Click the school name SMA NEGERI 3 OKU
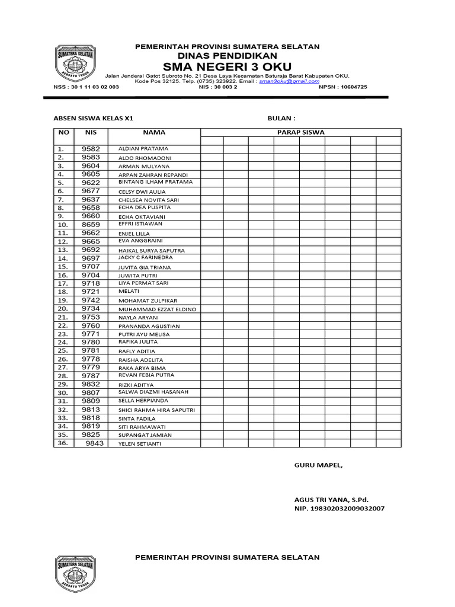coord(227,66)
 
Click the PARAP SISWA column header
coord(301,132)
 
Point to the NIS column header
coord(91,132)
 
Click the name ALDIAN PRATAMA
coord(143,149)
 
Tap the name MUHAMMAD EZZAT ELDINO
coord(157,309)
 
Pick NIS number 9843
coord(95,443)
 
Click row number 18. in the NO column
coord(63,292)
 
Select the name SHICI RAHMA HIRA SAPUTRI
coord(156,410)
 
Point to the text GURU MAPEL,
coord(318,465)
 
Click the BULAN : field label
coord(281,119)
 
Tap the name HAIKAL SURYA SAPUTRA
coord(152,251)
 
